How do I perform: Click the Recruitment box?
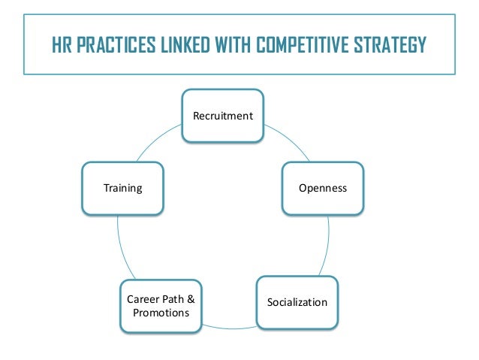[x=223, y=116]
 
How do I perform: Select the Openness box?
[x=322, y=188]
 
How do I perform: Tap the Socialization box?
[x=297, y=302]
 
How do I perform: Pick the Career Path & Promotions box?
[x=161, y=305]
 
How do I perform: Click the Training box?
[x=122, y=188]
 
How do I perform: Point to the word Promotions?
[x=161, y=312]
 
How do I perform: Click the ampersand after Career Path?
[x=191, y=298]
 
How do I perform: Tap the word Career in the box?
[x=142, y=298]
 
